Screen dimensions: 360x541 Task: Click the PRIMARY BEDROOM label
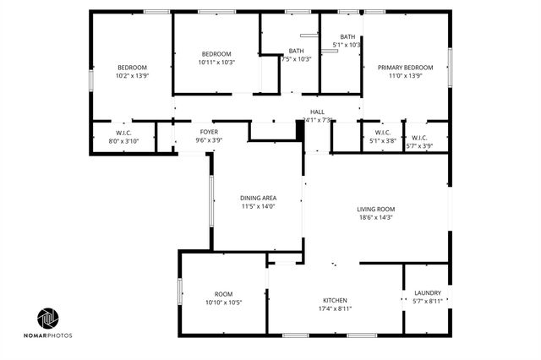[x=405, y=68]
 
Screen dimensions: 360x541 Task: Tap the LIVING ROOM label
[x=376, y=209]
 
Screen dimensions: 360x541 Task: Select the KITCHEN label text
[x=335, y=300]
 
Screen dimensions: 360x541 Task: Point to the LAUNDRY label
[x=428, y=293]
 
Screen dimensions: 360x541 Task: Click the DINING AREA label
[x=258, y=198]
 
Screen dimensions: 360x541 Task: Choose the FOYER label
[x=209, y=132]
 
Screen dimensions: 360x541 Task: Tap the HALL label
[x=317, y=112]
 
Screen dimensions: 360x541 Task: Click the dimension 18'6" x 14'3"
[x=376, y=217]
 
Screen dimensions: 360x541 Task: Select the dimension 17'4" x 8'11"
[x=335, y=308]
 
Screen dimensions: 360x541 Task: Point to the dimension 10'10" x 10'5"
[x=223, y=303]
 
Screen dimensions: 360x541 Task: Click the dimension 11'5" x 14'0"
[x=258, y=206]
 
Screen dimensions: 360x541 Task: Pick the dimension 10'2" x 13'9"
[x=132, y=76]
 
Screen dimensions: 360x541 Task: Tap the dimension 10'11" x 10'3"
[x=216, y=62]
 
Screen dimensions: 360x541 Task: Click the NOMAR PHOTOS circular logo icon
[x=48, y=318]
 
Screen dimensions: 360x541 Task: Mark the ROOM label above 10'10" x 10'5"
[x=223, y=294]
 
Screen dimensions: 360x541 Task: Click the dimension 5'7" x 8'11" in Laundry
[x=428, y=302]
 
